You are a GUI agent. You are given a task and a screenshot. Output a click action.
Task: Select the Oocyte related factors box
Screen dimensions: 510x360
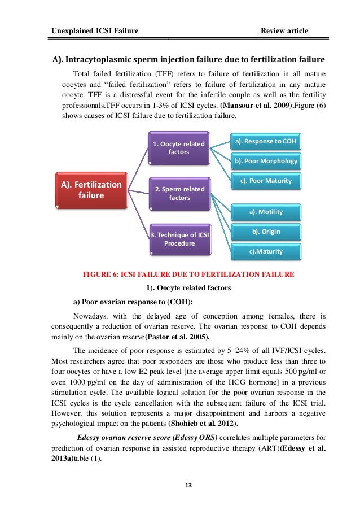coord(178,147)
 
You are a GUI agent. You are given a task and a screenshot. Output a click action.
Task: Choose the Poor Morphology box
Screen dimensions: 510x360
coord(266,161)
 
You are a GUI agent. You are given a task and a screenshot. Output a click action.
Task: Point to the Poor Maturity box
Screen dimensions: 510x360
coord(266,181)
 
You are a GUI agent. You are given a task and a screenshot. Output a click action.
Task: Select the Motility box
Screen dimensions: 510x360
coord(266,212)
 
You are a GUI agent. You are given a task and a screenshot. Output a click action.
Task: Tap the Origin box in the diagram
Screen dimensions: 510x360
coord(266,232)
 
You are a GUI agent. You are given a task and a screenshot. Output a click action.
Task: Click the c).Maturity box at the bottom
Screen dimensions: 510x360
coord(266,252)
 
